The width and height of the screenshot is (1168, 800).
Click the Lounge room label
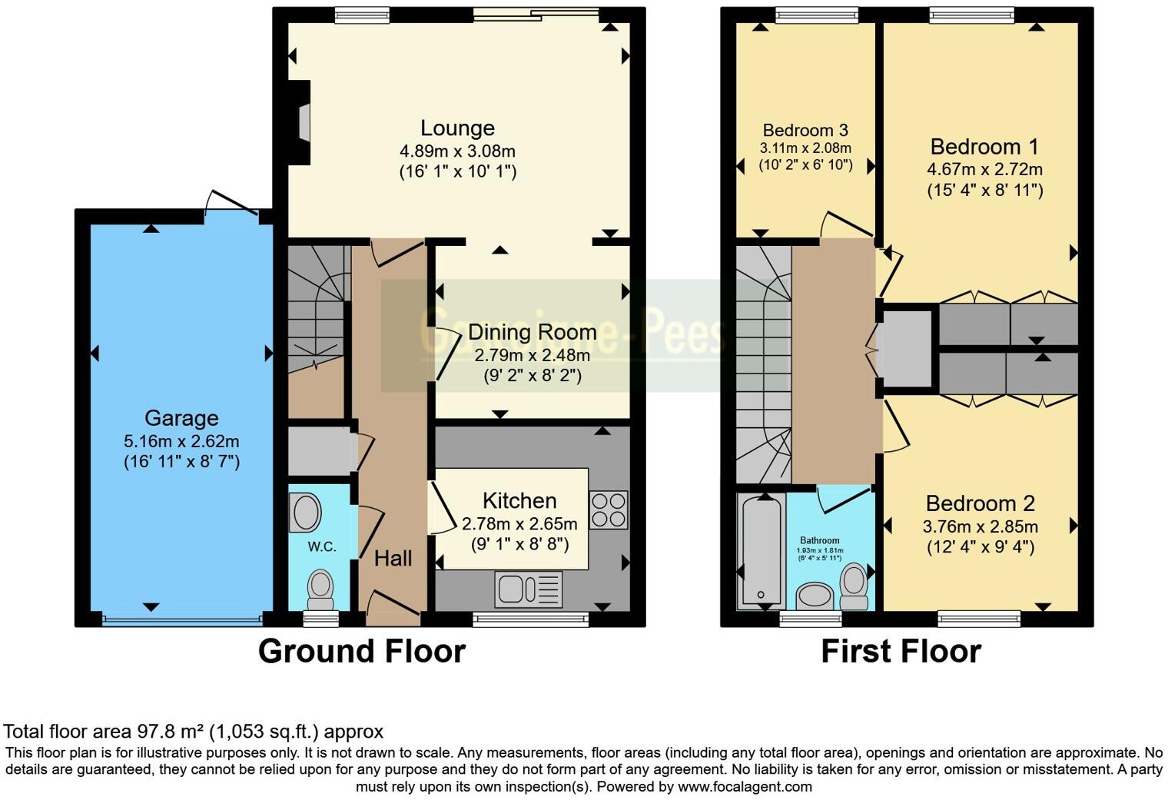coord(457,128)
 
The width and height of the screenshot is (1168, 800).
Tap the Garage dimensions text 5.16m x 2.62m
coord(181,441)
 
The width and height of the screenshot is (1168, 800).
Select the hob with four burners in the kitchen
coord(609,510)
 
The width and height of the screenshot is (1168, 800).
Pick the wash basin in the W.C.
coord(306,512)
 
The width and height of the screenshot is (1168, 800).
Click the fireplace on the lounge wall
coord(303,122)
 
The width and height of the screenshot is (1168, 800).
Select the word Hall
coord(393,559)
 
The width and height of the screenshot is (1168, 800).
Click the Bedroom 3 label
coord(805,130)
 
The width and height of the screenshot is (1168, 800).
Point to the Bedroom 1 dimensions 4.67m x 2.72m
coord(984,169)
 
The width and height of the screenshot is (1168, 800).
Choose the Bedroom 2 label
coord(980,503)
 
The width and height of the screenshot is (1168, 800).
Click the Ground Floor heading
coord(362,652)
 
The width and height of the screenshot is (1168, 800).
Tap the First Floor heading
coord(901,652)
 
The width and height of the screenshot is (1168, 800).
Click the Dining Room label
coord(532,332)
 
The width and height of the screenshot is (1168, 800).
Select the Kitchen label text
coord(519,501)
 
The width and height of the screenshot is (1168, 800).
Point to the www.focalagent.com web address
coord(745,787)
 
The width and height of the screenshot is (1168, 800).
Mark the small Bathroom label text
coord(819,540)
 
